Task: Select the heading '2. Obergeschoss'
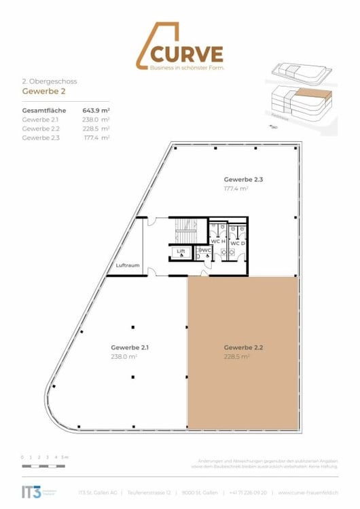(50, 81)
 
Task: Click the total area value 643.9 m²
(96, 109)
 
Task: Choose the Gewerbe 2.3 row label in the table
(41, 137)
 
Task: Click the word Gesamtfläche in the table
(43, 109)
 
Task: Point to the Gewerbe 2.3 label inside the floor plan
(243, 180)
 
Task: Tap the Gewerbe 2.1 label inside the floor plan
(130, 347)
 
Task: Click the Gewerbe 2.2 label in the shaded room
(243, 347)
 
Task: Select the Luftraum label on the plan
(127, 265)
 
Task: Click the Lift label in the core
(181, 252)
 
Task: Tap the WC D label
(238, 242)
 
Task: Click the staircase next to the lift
(185, 231)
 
